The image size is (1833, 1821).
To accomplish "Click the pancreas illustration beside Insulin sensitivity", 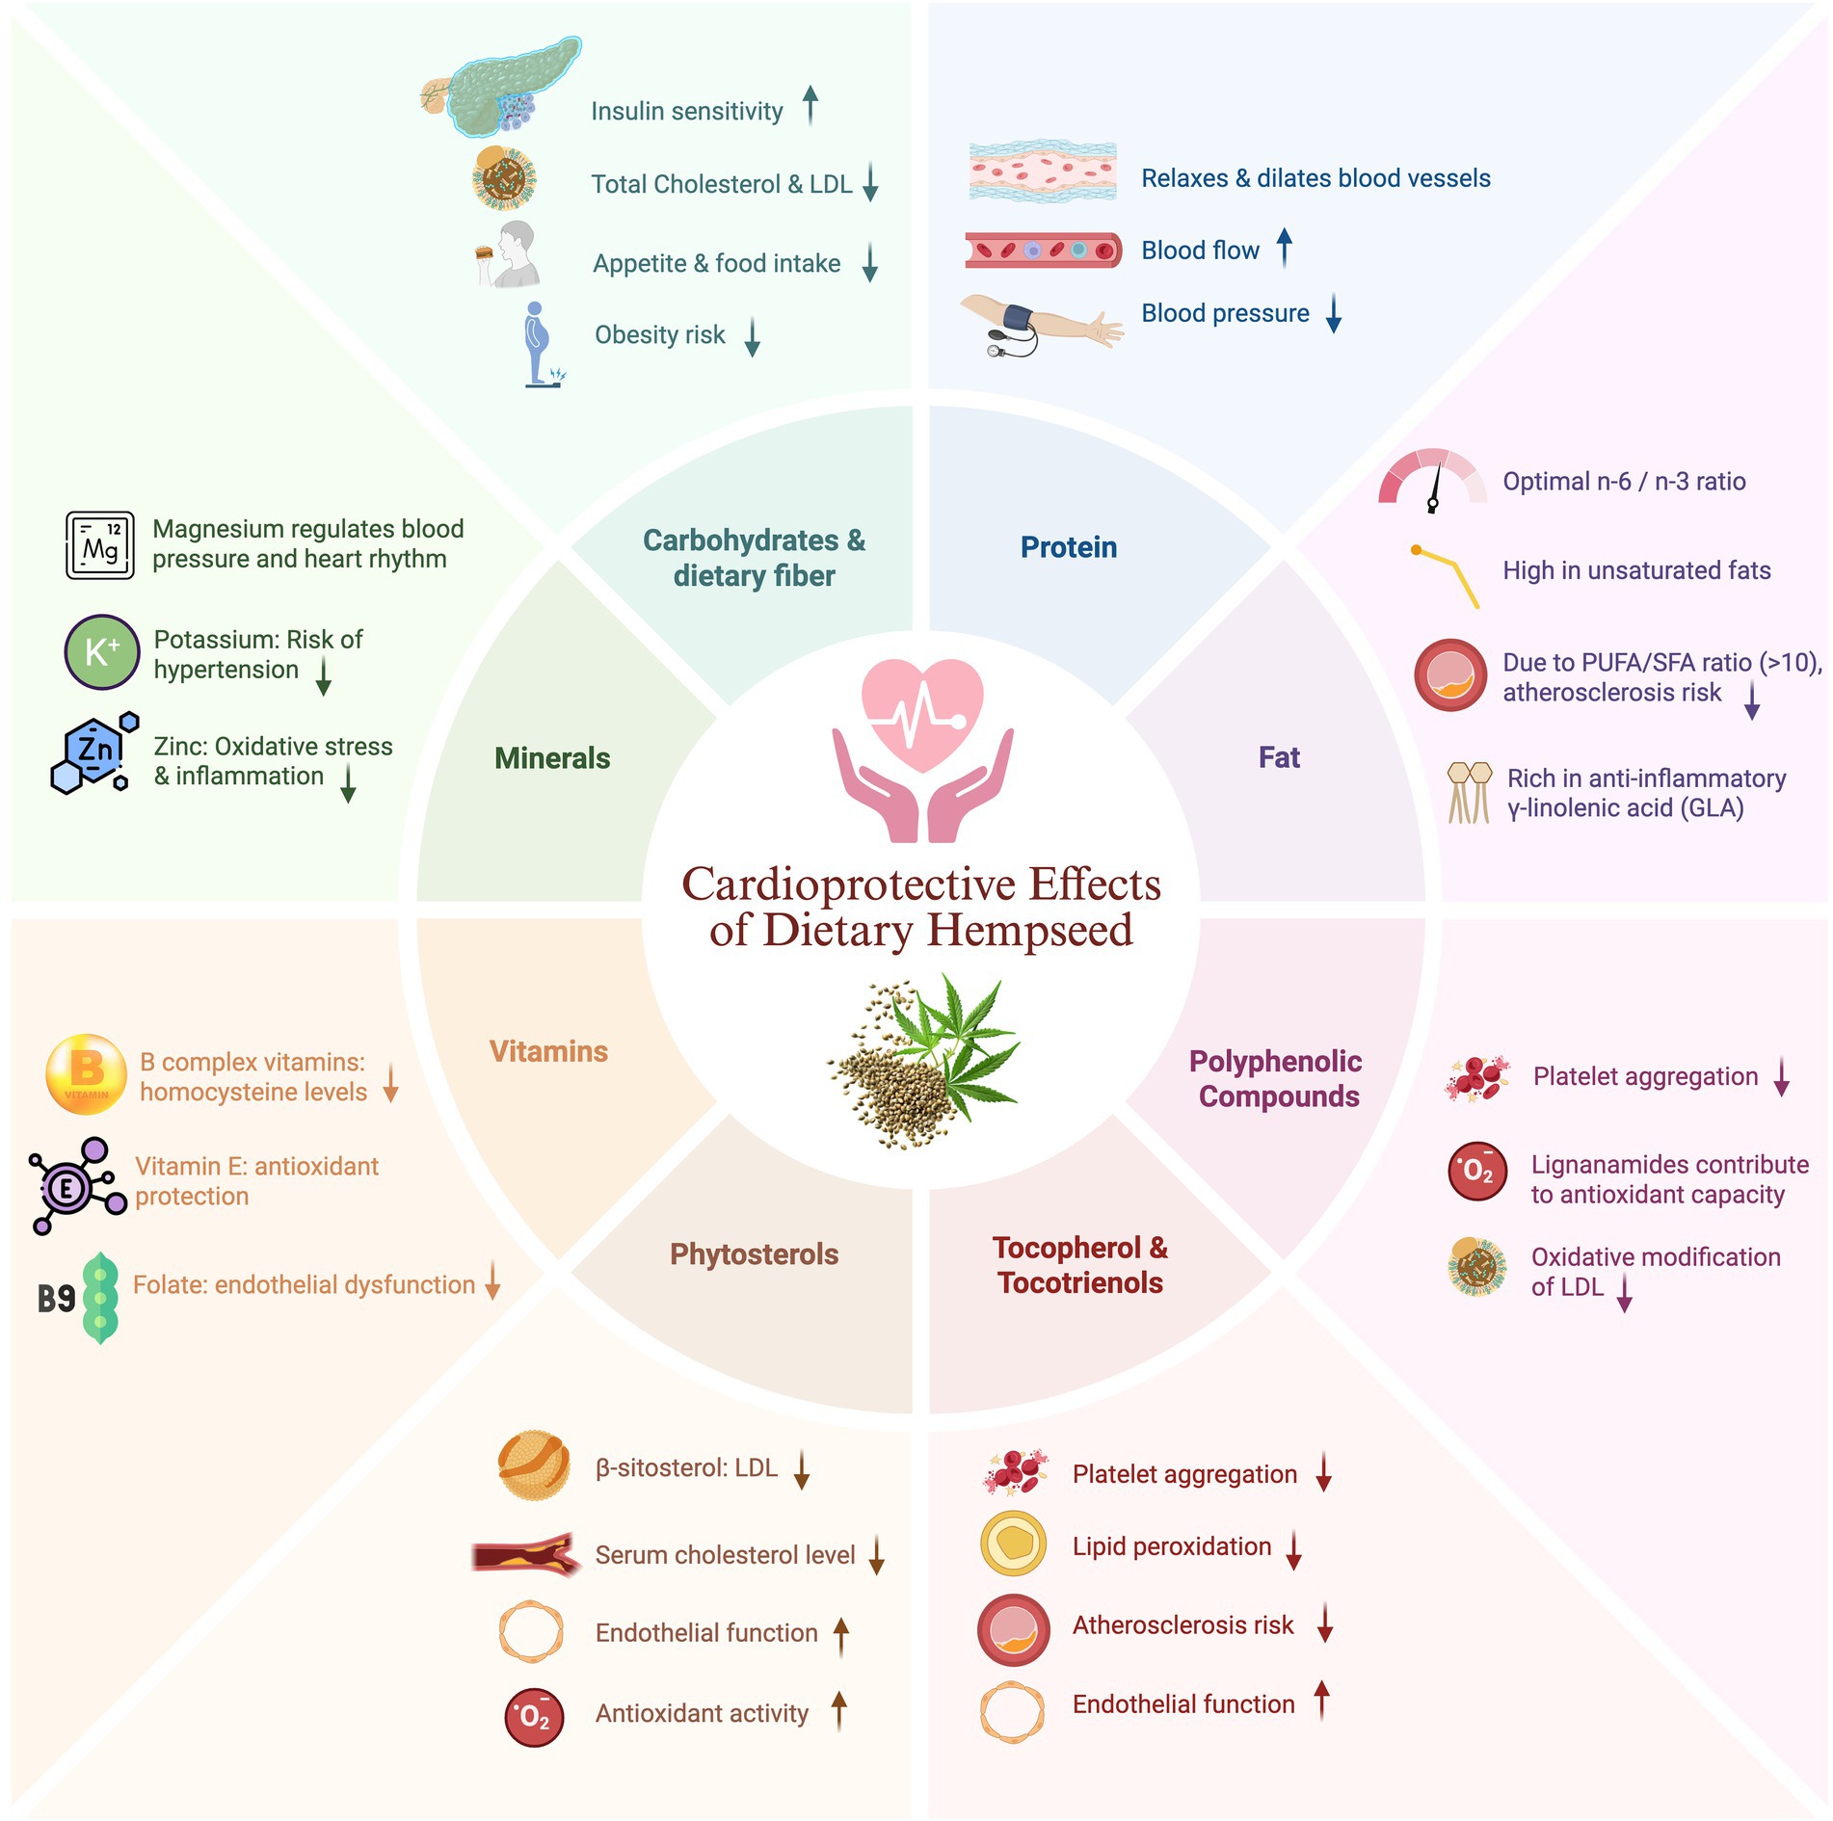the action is tap(501, 87).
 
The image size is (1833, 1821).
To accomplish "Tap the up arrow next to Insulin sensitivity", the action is tap(810, 105).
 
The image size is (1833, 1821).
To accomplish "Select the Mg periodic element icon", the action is tap(100, 545).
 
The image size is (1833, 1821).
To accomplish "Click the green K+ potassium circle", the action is tap(102, 652).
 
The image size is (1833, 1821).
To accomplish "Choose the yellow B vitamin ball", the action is tap(87, 1074).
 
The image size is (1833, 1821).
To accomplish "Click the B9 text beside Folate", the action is tap(56, 1299).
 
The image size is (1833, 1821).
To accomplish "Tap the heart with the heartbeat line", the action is tap(922, 714).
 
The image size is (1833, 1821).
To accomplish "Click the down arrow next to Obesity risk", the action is tap(753, 337).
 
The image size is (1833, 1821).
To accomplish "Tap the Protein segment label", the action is tap(1069, 547).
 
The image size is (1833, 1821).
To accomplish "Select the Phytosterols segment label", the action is tap(754, 1254).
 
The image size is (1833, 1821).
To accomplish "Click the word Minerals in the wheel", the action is tap(552, 758).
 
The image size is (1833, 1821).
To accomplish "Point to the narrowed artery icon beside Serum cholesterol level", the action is tap(525, 1554).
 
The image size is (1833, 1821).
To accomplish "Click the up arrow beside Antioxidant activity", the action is tap(839, 1710).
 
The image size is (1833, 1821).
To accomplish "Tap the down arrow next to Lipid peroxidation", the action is tap(1294, 1548).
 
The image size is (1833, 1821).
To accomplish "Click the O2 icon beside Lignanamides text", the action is tap(1477, 1172).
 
